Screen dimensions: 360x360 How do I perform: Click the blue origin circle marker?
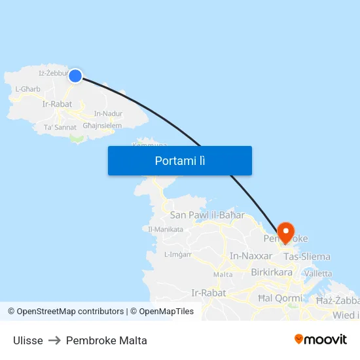pyautogui.click(x=75, y=76)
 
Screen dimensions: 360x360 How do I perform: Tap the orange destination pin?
pyautogui.click(x=286, y=232)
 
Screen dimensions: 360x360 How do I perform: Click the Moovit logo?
pyautogui.click(x=321, y=339)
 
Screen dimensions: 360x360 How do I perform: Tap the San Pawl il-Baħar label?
pyautogui.click(x=207, y=215)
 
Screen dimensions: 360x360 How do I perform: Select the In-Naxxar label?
pyautogui.click(x=251, y=256)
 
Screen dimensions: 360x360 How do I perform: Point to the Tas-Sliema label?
pyautogui.click(x=306, y=257)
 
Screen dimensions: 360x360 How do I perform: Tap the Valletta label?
pyautogui.click(x=318, y=273)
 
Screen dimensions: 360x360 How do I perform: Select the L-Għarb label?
pyautogui.click(x=27, y=89)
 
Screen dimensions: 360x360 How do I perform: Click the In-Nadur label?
pyautogui.click(x=108, y=113)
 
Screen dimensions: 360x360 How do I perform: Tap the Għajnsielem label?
pyautogui.click(x=102, y=125)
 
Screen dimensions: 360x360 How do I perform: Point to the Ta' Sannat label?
pyautogui.click(x=60, y=127)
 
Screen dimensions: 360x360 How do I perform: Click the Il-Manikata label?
pyautogui.click(x=165, y=229)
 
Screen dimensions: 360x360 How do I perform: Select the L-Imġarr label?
pyautogui.click(x=177, y=254)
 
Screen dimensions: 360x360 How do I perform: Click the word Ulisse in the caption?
pyautogui.click(x=28, y=340)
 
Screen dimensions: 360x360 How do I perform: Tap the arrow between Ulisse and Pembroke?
pyautogui.click(x=54, y=340)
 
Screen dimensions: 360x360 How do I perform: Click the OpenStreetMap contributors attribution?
pyautogui.click(x=70, y=312)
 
